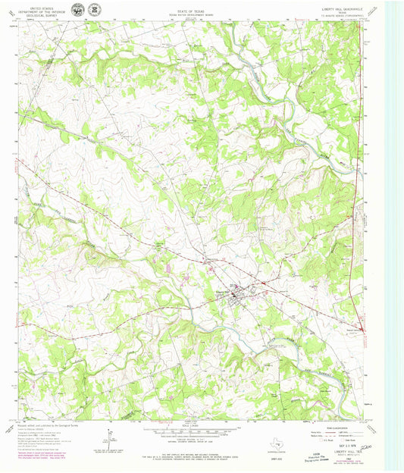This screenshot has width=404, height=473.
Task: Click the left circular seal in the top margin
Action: click(78, 11)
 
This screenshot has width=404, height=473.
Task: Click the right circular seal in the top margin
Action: click(93, 11)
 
